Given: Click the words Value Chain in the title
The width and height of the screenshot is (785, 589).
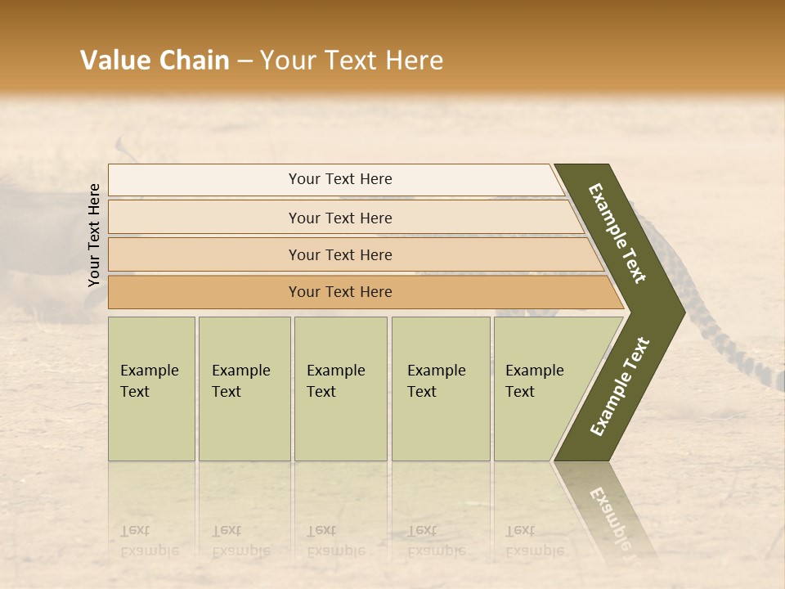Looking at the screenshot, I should (155, 61).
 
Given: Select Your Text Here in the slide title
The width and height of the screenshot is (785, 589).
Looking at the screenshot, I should (352, 61).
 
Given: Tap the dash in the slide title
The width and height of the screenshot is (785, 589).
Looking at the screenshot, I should (244, 61).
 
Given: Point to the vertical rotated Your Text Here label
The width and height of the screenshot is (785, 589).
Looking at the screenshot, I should (94, 236).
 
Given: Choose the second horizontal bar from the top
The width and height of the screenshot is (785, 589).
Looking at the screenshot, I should (339, 218).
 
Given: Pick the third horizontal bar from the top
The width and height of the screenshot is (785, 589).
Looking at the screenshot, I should (339, 254).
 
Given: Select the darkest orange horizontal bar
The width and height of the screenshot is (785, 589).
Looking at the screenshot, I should (339, 292).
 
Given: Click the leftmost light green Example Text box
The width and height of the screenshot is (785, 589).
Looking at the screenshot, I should (151, 389).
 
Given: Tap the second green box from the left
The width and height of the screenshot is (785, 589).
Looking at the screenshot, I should (244, 389).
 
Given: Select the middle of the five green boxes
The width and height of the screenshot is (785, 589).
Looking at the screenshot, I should (340, 389).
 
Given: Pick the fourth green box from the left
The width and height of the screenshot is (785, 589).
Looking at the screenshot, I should (441, 389).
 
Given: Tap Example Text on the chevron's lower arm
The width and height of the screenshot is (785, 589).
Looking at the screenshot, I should (619, 386).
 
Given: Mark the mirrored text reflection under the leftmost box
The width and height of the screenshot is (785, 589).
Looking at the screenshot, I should (149, 540).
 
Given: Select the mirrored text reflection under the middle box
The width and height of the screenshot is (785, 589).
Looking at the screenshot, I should (335, 540).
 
